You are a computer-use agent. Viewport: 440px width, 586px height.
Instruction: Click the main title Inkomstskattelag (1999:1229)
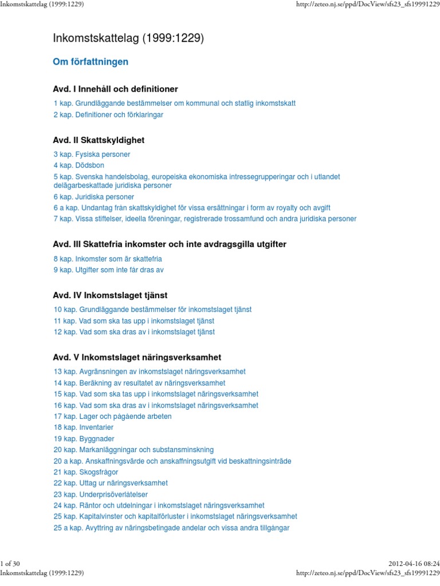[x=128, y=38]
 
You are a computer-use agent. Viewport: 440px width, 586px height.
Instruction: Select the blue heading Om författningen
[x=91, y=62]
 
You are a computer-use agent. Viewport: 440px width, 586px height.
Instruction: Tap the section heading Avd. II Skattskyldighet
[x=99, y=140]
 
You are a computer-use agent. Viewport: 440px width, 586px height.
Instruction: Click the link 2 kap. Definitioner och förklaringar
[x=108, y=114]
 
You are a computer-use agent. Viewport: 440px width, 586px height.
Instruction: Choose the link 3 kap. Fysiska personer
[x=92, y=155]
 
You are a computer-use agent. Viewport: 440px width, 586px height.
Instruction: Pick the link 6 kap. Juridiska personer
[x=94, y=197]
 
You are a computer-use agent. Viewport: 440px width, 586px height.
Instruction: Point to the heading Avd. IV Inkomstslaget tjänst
[x=110, y=295]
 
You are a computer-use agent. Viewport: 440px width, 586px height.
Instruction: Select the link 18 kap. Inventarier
[x=84, y=427]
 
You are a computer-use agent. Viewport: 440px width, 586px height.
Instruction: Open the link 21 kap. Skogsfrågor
[x=86, y=472]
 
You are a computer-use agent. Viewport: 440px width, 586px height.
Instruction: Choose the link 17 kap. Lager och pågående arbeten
[x=112, y=417]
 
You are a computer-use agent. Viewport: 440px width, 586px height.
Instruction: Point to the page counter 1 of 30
[x=11, y=565]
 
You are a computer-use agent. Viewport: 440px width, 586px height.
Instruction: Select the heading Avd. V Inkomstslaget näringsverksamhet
[x=137, y=357]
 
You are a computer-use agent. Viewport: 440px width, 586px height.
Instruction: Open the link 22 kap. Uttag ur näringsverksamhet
[x=111, y=483]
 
